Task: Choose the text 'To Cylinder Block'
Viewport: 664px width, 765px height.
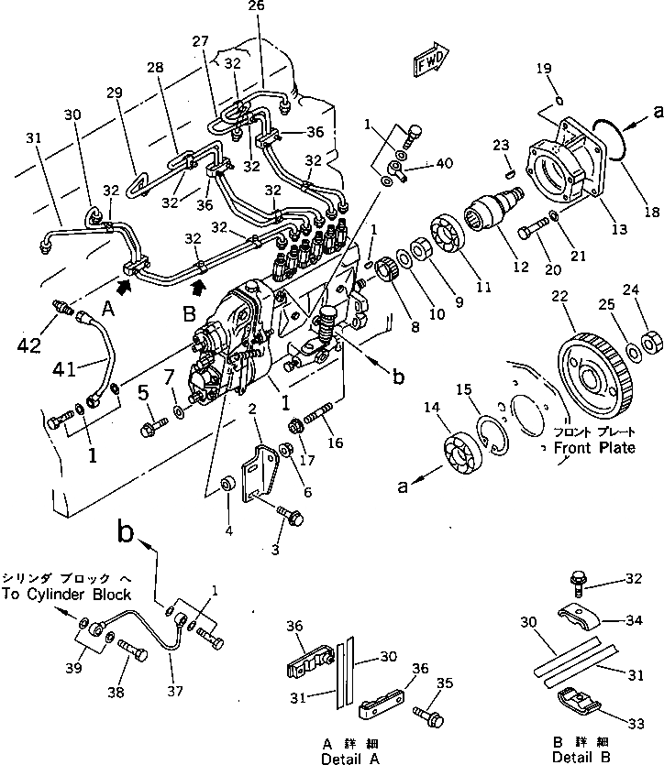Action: click(x=68, y=594)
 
